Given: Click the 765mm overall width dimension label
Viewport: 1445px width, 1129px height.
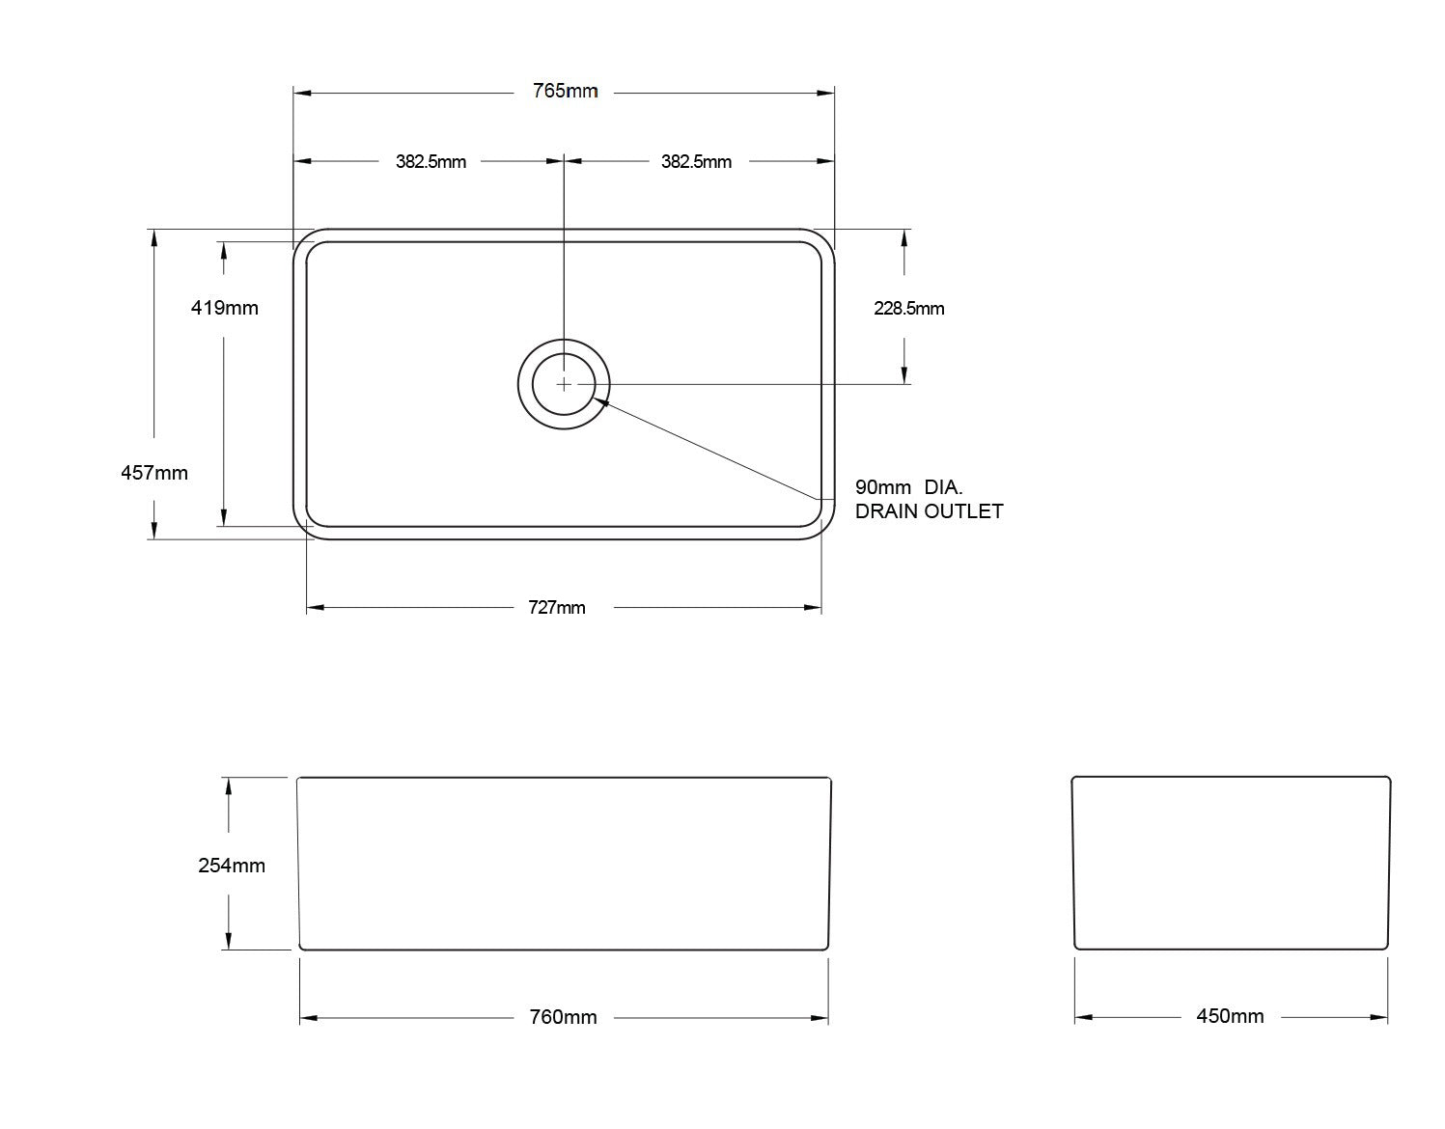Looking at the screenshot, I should coord(565,92).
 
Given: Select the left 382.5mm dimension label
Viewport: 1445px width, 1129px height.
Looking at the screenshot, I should coord(431,161).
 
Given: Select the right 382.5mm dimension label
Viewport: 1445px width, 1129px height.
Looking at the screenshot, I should coord(696,161).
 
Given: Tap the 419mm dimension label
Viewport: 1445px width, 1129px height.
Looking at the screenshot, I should coord(225,308).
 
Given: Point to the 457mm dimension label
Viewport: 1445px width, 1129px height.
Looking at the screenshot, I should coord(154,473).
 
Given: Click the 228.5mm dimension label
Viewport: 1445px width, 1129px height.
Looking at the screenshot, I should coord(908,309).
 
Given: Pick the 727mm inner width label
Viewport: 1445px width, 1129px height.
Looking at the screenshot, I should coord(556,607).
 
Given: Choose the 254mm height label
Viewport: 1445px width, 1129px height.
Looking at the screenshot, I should coord(232,866).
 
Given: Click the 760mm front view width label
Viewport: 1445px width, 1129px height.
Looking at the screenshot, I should coord(563,1017).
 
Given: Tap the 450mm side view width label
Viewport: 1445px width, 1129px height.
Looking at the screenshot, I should coord(1230,1016).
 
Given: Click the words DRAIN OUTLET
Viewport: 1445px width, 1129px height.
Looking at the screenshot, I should coord(929,511).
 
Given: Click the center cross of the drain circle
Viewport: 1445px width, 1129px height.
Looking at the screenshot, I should coord(564,384).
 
